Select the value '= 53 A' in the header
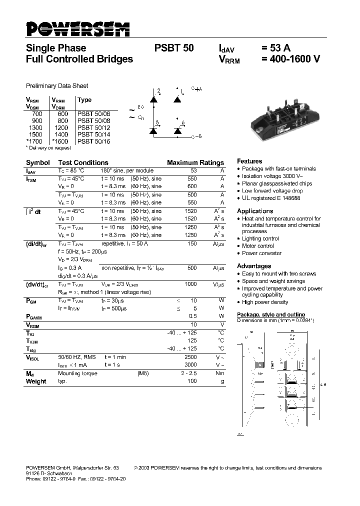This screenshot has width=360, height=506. click(x=275, y=48)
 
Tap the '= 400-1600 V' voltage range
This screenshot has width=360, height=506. click(x=290, y=59)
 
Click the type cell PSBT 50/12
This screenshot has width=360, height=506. click(x=94, y=128)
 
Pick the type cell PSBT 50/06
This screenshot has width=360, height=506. click(x=94, y=114)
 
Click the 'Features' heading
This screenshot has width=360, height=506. click(x=249, y=161)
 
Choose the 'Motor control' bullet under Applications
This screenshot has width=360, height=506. click(x=257, y=246)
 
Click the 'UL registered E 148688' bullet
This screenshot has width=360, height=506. click(x=271, y=198)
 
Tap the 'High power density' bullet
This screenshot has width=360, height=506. click(x=265, y=302)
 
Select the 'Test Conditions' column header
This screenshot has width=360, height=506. click(x=83, y=163)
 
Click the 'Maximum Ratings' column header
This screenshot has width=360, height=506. click(x=195, y=163)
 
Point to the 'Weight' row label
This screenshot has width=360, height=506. click(x=36, y=381)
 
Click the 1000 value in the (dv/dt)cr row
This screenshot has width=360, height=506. click(x=190, y=284)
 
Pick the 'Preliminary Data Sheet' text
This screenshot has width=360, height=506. click(x=57, y=86)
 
